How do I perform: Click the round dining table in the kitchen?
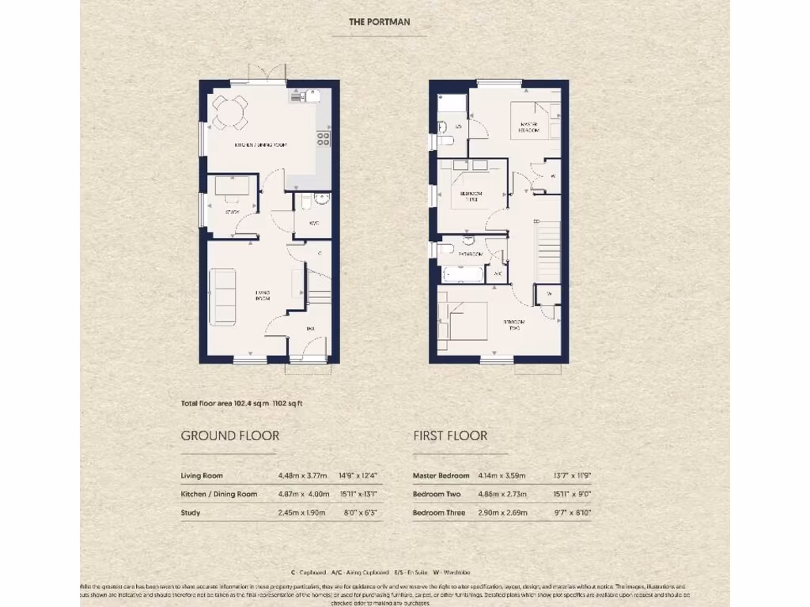pyautogui.click(x=229, y=111)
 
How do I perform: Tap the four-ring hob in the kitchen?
pyautogui.click(x=324, y=139)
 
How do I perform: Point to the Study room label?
pyautogui.click(x=232, y=212)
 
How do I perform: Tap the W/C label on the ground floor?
pyautogui.click(x=313, y=223)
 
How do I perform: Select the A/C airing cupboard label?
pyautogui.click(x=498, y=274)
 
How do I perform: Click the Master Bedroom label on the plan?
pyautogui.click(x=528, y=127)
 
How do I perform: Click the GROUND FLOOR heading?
pyautogui.click(x=229, y=435)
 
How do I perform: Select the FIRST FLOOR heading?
pyautogui.click(x=450, y=435)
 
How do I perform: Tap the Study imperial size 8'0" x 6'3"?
pyautogui.click(x=358, y=513)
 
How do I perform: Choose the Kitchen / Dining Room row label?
pyautogui.click(x=219, y=494)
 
